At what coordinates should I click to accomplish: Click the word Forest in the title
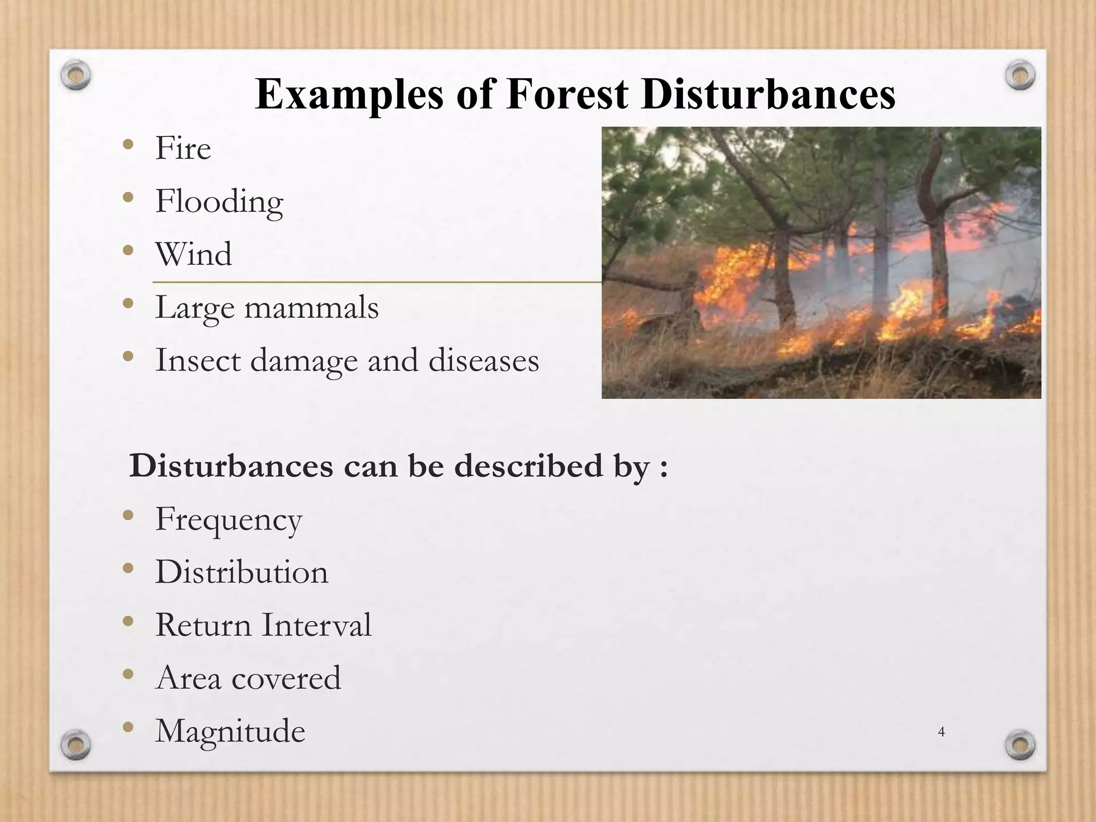[567, 95]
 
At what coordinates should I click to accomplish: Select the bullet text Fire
[183, 148]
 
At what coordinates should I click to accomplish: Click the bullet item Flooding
[219, 202]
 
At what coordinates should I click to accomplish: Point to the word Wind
[194, 254]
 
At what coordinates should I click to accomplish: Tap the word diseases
[484, 360]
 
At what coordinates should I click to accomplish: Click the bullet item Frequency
[229, 520]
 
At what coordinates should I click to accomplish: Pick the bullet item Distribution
[242, 572]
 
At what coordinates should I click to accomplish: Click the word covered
[286, 678]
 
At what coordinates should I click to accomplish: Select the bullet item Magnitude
[230, 731]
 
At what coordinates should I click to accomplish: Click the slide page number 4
[942, 732]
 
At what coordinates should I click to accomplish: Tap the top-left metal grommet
[75, 75]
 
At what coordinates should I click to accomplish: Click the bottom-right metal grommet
[1020, 745]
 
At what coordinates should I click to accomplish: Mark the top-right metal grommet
[1020, 75]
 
